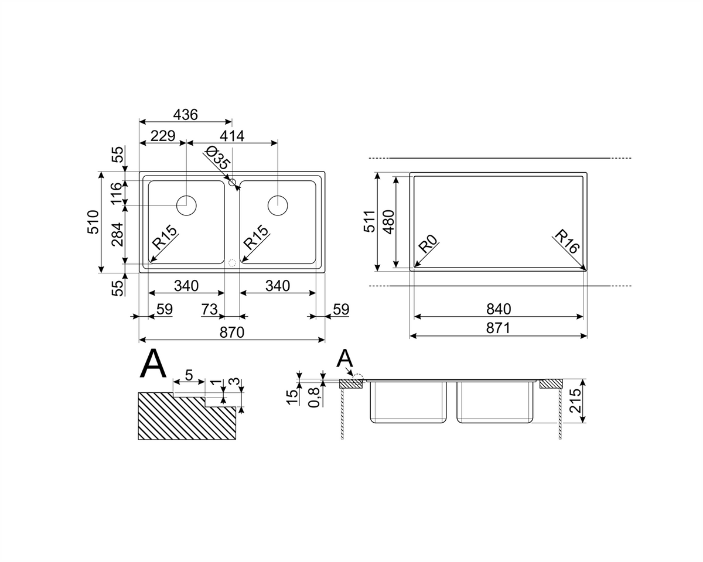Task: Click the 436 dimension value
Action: click(x=185, y=115)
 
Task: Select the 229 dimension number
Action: click(x=163, y=135)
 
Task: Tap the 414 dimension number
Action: click(x=232, y=136)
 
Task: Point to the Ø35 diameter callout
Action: click(x=218, y=157)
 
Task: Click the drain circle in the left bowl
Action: click(x=186, y=205)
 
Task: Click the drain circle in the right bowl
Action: click(x=278, y=205)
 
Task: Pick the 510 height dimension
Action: click(x=93, y=222)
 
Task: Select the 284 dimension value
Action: click(x=118, y=235)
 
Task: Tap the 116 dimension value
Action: click(x=117, y=194)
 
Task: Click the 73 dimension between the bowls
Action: click(x=209, y=309)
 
